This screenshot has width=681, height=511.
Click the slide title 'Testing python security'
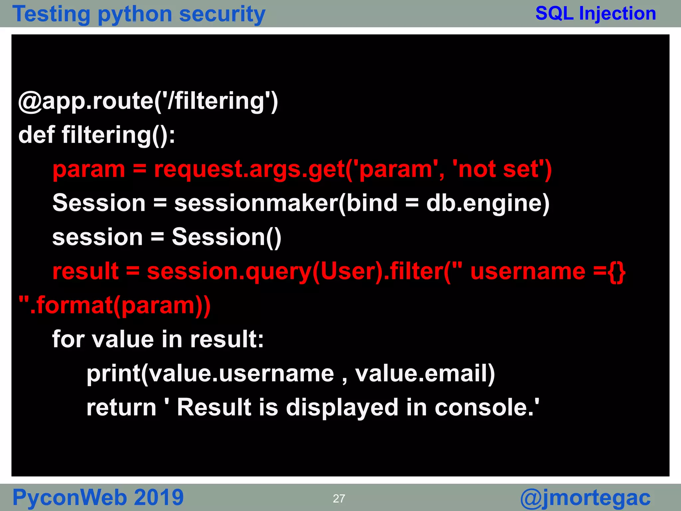point(139,14)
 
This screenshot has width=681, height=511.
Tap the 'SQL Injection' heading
point(596,14)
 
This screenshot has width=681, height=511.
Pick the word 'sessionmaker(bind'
point(286,203)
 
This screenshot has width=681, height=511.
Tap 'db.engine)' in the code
point(487,203)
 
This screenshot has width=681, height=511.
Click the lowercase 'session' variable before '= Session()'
point(97,237)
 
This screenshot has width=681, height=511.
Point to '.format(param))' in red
point(120,305)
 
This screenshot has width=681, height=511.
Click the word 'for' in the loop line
point(68,339)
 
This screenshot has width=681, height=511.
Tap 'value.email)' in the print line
point(425,374)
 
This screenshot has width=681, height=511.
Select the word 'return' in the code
point(121,408)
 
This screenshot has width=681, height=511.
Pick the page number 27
point(339,498)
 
